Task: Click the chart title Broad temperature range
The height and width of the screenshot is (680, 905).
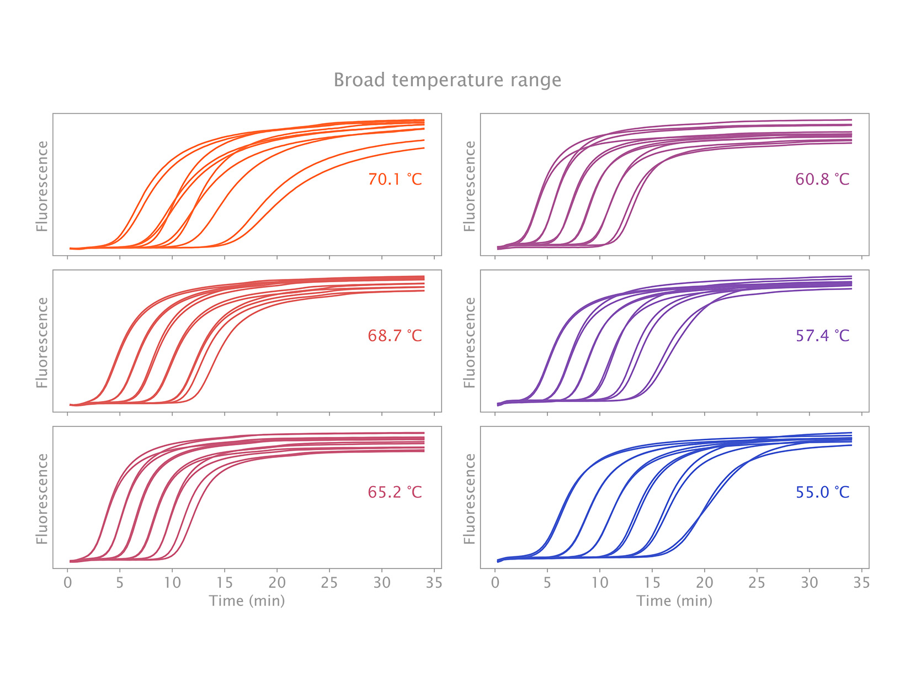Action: [x=447, y=81]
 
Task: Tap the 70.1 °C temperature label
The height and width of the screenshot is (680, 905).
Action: [x=395, y=180]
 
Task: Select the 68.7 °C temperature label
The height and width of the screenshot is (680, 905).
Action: [x=395, y=336]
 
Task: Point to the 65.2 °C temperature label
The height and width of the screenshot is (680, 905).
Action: [x=395, y=492]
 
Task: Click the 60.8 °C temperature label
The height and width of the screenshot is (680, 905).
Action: [x=822, y=180]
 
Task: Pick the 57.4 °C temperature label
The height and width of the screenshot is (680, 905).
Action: [x=822, y=336]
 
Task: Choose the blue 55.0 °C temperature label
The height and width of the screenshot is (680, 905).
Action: [x=822, y=492]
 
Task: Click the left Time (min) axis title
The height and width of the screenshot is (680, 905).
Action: [x=247, y=601]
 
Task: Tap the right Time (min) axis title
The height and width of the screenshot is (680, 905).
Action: [x=674, y=601]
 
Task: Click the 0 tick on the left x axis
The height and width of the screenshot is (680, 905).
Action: [x=68, y=583]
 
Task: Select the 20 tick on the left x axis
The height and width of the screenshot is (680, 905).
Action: [x=277, y=583]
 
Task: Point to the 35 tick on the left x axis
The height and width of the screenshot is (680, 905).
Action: [x=434, y=583]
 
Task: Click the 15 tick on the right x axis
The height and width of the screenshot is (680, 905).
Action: [x=652, y=583]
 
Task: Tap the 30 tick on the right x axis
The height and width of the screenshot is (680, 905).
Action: [x=810, y=583]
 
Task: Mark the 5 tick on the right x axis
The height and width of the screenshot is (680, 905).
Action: [x=547, y=583]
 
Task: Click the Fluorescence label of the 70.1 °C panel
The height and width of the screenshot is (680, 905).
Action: [x=42, y=186]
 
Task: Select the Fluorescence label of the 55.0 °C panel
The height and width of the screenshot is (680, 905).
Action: [x=470, y=499]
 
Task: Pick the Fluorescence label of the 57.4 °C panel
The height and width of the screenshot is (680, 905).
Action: [x=470, y=342]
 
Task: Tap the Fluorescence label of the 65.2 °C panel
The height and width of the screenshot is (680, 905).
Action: [x=42, y=499]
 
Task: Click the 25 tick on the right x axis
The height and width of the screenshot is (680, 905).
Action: [x=757, y=583]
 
